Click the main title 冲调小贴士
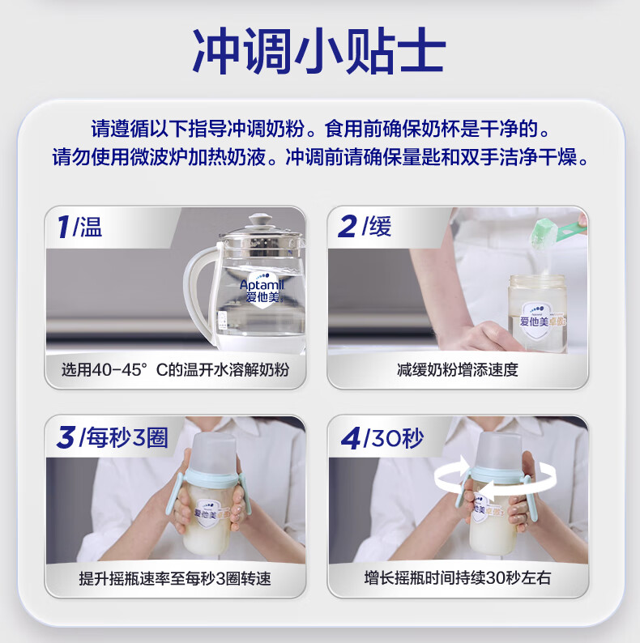pos(319,51)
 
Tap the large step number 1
pos(63,227)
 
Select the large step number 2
pos(347,227)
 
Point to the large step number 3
pos(66,436)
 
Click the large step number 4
pos(351,438)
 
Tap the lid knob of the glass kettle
pos(259,219)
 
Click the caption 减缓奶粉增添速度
pos(458,370)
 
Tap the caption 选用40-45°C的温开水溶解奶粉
pos(175,370)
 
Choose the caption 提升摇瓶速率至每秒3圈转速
pos(175,578)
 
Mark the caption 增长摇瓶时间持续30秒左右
pos(458,577)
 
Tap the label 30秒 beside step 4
pos(397,438)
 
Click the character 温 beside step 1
pos(91,227)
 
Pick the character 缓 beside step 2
pos(380,227)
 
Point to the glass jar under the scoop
pos(537,313)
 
